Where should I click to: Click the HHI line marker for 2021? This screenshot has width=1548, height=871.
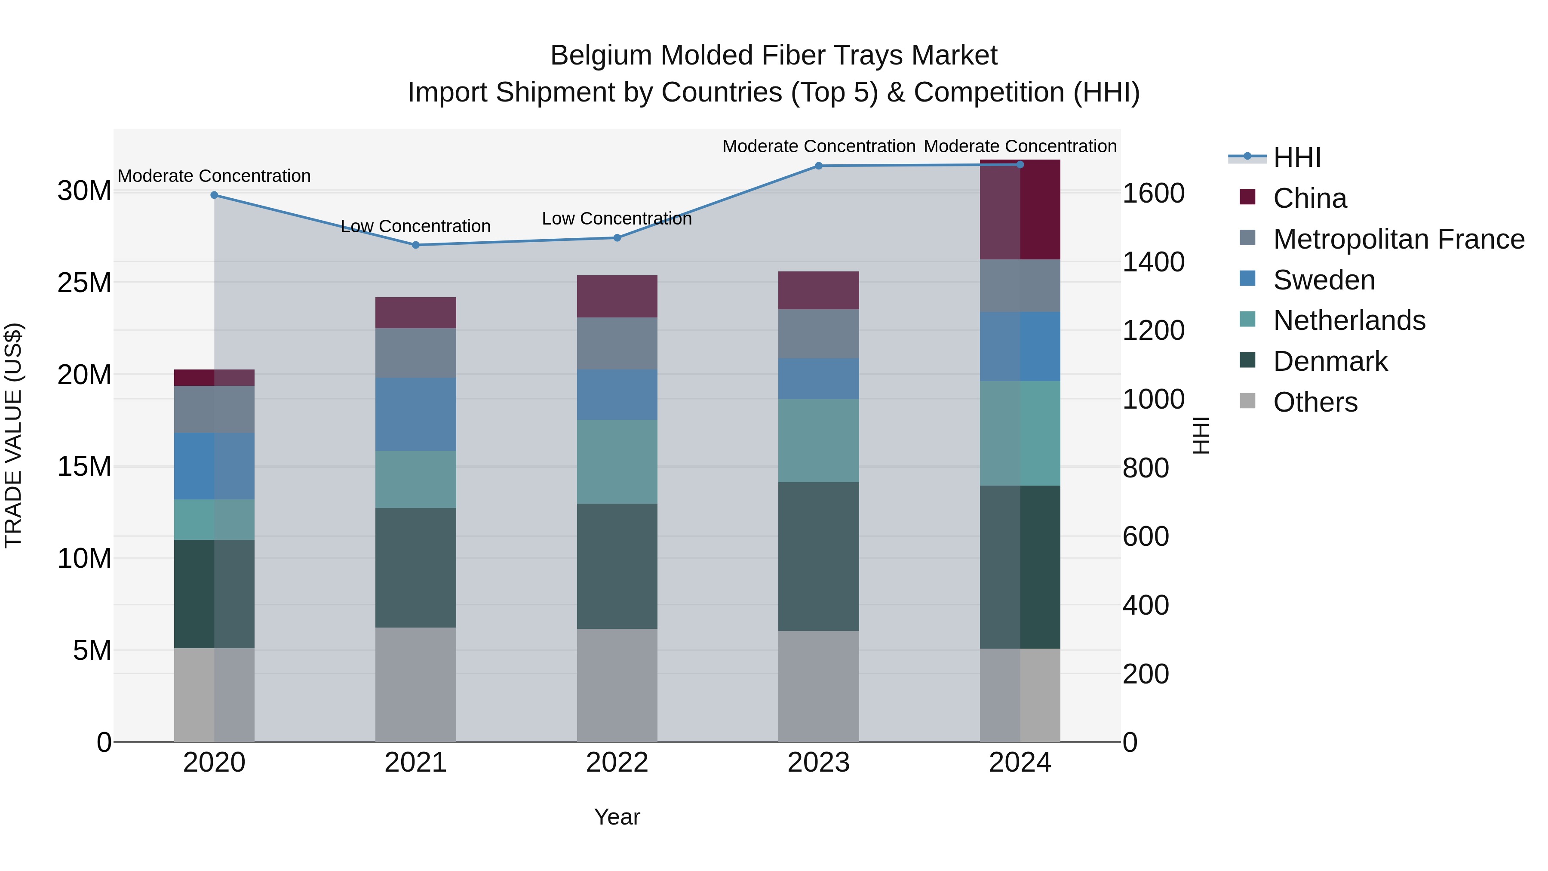pyautogui.click(x=415, y=245)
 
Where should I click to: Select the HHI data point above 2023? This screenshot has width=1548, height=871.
pyautogui.click(x=818, y=166)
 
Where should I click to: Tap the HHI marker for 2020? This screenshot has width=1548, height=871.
pyautogui.click(x=214, y=195)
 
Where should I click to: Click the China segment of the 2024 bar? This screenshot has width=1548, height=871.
pyautogui.click(x=1020, y=210)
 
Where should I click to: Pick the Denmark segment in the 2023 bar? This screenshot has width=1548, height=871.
pyautogui.click(x=818, y=556)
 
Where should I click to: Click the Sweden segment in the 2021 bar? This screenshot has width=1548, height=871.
pyautogui.click(x=415, y=414)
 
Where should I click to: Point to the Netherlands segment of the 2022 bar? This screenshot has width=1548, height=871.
pyautogui.click(x=617, y=462)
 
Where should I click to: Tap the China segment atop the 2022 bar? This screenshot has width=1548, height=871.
pyautogui.click(x=617, y=296)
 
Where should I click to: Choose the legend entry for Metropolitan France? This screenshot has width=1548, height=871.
pyautogui.click(x=1398, y=239)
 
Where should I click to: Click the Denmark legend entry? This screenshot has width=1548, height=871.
pyautogui.click(x=1330, y=361)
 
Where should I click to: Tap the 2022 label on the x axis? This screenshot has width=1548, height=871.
pyautogui.click(x=617, y=763)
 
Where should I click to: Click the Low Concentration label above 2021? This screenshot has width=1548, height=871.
pyautogui.click(x=415, y=227)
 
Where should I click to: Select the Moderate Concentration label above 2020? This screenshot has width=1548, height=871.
pyautogui.click(x=214, y=176)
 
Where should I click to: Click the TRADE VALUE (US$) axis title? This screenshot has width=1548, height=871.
pyautogui.click(x=13, y=435)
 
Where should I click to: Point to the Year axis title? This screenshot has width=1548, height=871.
pyautogui.click(x=617, y=817)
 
